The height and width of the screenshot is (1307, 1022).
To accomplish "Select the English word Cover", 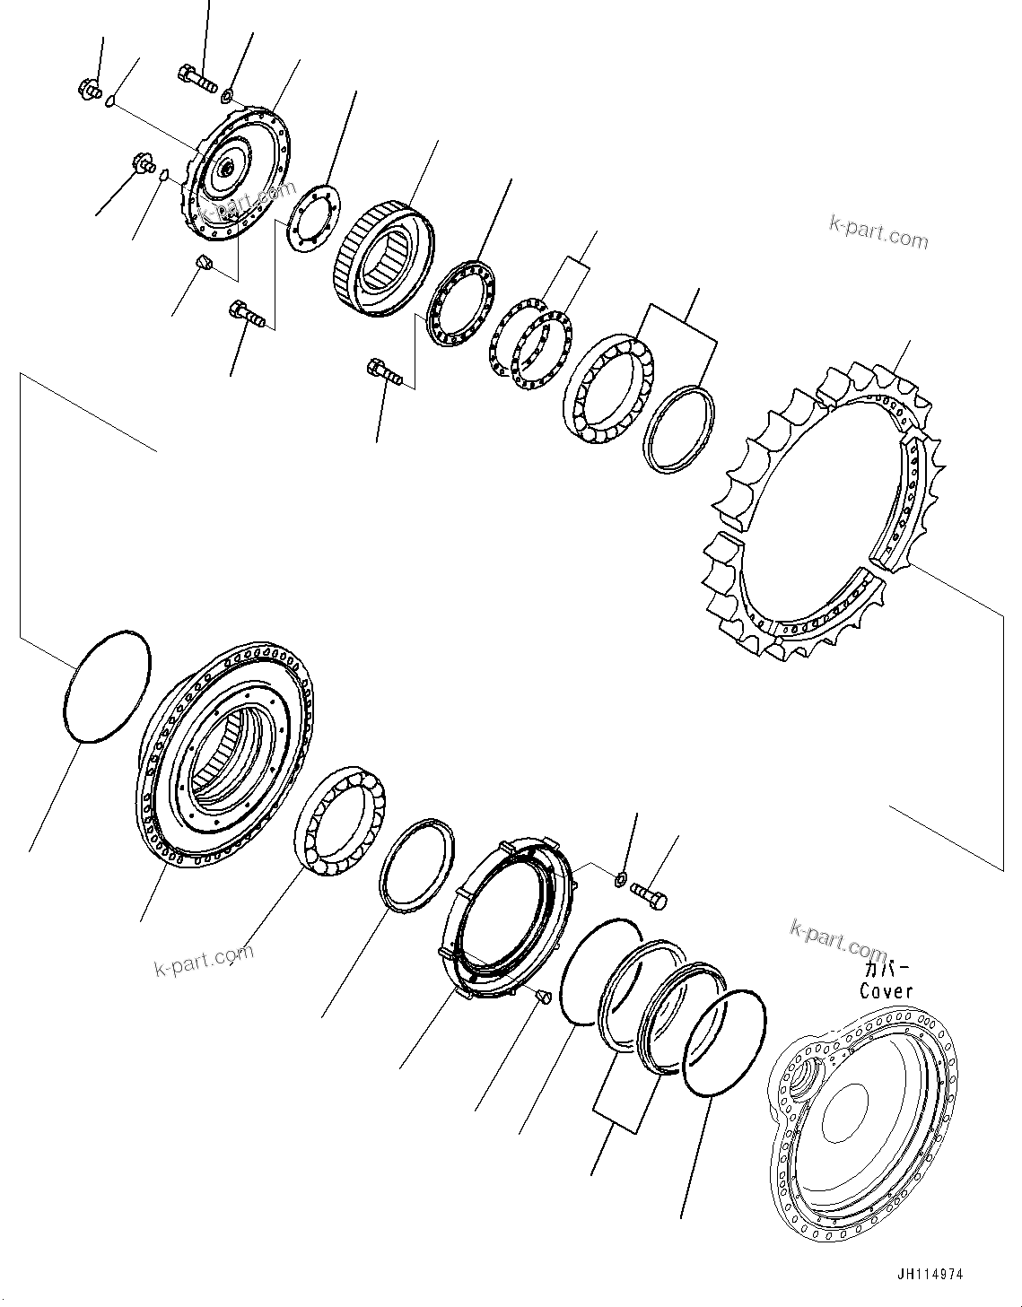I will click(x=887, y=990).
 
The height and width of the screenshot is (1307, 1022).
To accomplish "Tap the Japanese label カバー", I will click(x=886, y=969).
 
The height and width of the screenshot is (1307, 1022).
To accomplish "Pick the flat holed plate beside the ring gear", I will click(x=310, y=218).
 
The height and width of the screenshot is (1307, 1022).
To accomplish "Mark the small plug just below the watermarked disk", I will click(x=203, y=263).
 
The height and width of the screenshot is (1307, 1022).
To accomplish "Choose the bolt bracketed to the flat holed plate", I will click(x=247, y=314).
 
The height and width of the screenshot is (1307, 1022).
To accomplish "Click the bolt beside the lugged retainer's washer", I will click(x=651, y=894).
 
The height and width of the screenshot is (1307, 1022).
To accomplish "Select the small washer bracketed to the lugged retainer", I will click(x=620, y=876).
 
